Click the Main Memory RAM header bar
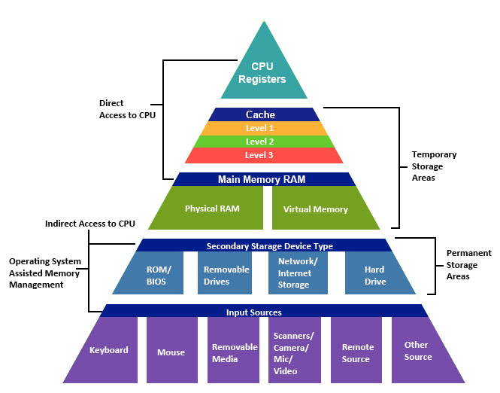[x=262, y=179]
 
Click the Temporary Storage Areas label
[x=435, y=166]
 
